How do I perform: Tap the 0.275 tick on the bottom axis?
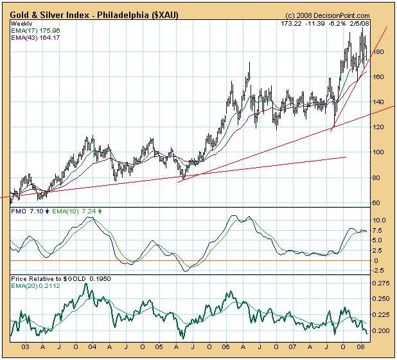(381, 283)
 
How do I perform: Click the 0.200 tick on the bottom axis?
(381, 331)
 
